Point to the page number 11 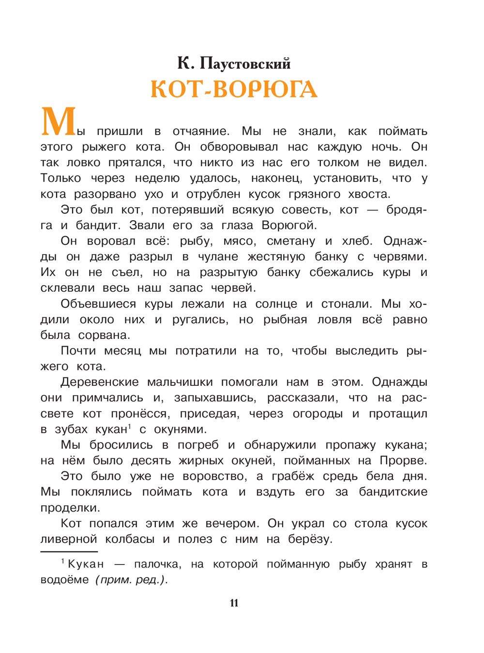234,603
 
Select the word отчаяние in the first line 200,131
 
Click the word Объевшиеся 98,304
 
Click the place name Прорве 403,460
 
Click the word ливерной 69,539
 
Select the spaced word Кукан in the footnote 86,564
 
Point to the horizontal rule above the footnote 69,551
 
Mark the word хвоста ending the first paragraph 369,194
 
